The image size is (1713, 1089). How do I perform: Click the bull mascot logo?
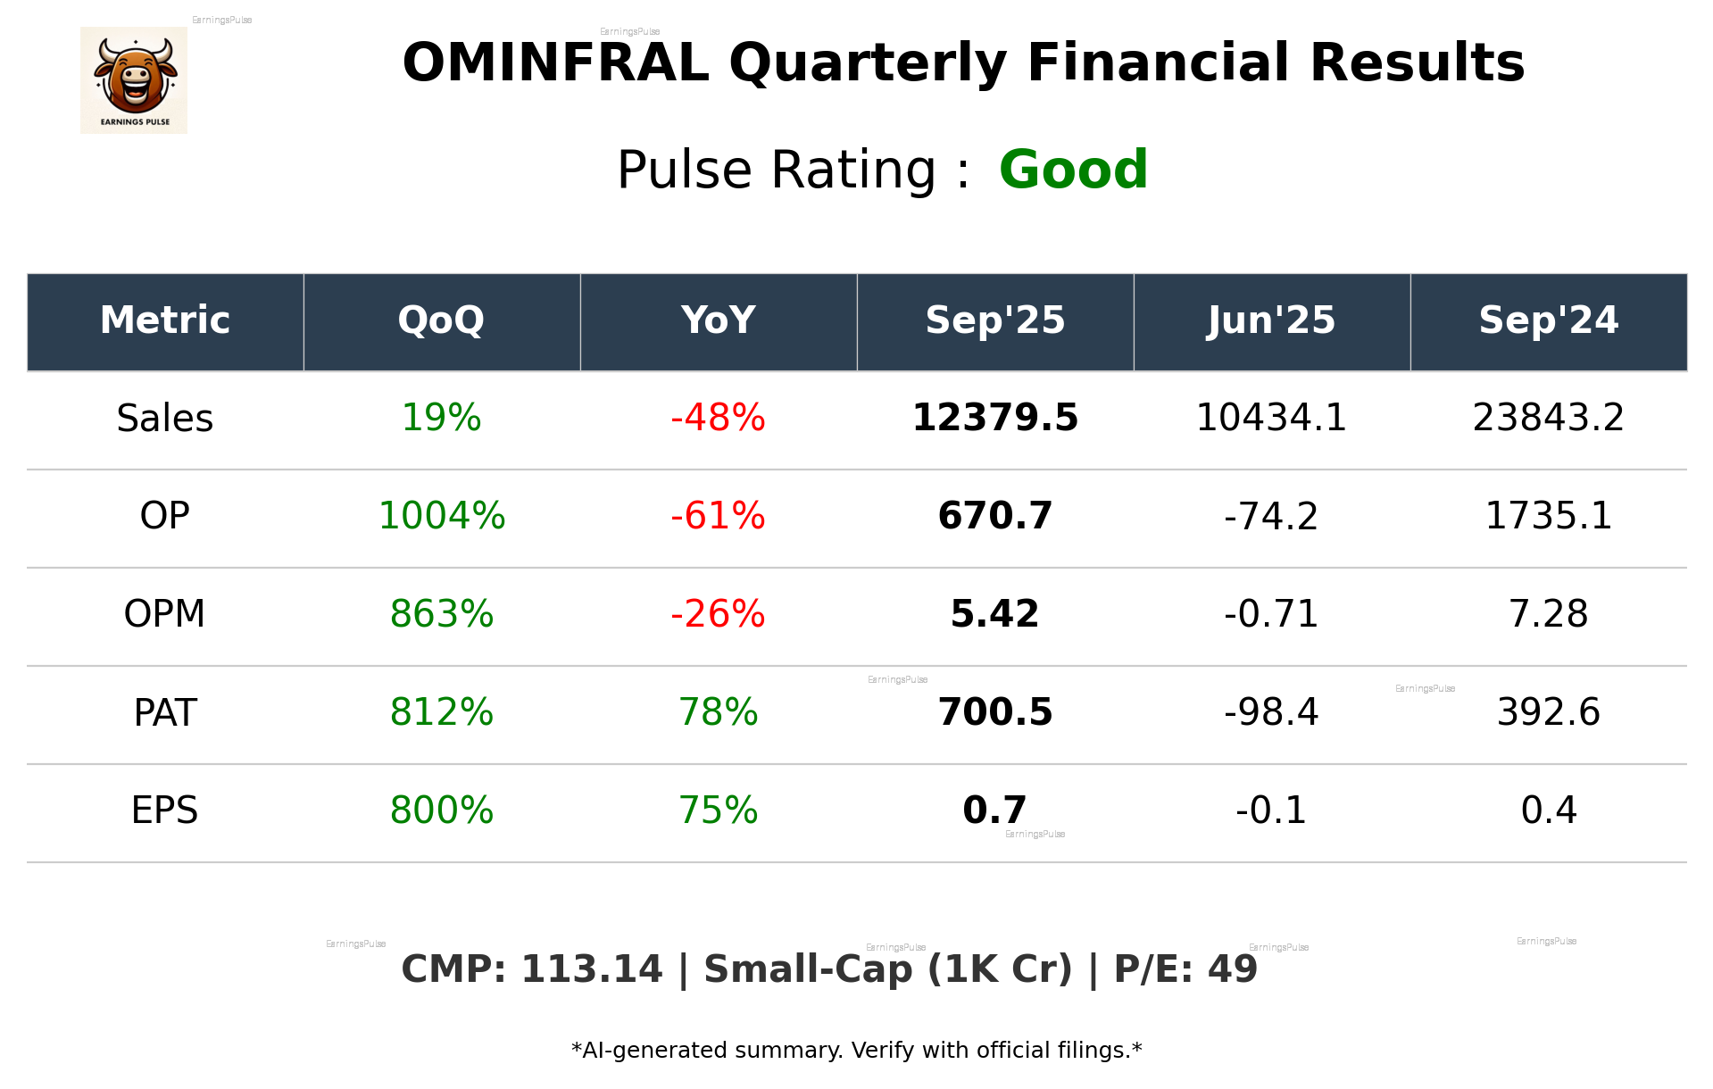pyautogui.click(x=134, y=79)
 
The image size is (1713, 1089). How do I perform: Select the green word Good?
pyautogui.click(x=1073, y=170)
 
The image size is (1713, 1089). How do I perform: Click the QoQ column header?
pyautogui.click(x=441, y=320)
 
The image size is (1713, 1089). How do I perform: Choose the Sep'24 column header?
pyautogui.click(x=1548, y=320)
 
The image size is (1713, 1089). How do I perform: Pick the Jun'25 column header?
pyautogui.click(x=1271, y=320)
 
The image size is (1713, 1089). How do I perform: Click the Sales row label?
pyautogui.click(x=165, y=419)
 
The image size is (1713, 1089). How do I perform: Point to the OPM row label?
pyautogui.click(x=165, y=614)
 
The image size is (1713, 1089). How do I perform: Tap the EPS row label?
pyautogui.click(x=165, y=811)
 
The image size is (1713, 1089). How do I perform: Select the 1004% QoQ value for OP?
pyautogui.click(x=441, y=516)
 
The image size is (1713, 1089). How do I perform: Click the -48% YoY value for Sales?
pyautogui.click(x=718, y=419)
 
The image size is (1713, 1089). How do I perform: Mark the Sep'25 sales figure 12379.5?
pyautogui.click(x=994, y=419)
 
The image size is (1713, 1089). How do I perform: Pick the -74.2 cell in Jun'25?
pyautogui.click(x=1271, y=516)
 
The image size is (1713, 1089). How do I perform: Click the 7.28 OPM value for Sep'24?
pyautogui.click(x=1548, y=614)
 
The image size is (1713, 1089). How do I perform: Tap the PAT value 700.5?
pyautogui.click(x=994, y=712)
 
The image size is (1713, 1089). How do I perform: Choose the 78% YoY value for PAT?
pyautogui.click(x=718, y=712)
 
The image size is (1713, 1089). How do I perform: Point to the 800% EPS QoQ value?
pyautogui.click(x=441, y=811)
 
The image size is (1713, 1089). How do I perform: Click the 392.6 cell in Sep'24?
pyautogui.click(x=1548, y=712)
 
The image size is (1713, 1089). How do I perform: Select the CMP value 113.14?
pyautogui.click(x=591, y=969)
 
